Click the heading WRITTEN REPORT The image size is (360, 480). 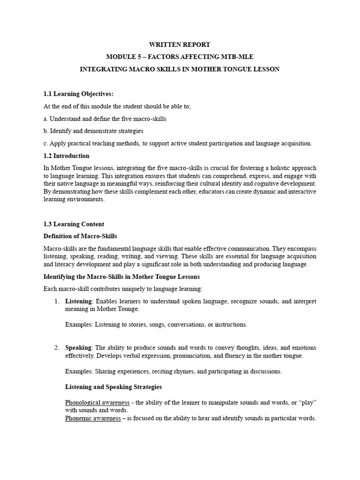point(180,45)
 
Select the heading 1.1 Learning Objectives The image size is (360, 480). point(78,94)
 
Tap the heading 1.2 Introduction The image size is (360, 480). point(66,156)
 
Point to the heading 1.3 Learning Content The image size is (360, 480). point(74,224)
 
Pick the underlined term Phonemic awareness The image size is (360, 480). point(92,418)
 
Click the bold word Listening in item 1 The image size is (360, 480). point(78,300)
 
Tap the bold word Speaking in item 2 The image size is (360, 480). point(79,347)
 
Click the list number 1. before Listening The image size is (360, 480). point(57,300)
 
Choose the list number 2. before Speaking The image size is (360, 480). point(57,347)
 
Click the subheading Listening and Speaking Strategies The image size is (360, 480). point(113,387)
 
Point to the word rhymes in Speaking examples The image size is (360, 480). point(165,371)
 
